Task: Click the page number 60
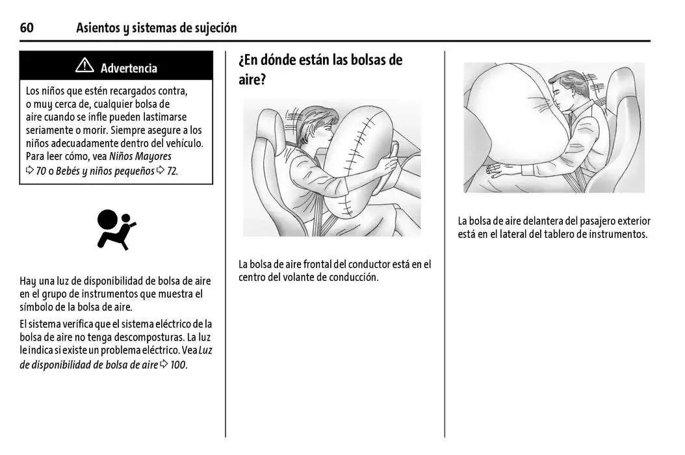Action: pyautogui.click(x=27, y=27)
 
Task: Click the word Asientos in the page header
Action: pyautogui.click(x=98, y=27)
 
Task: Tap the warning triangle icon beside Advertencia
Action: pyautogui.click(x=84, y=66)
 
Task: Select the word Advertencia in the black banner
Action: pyautogui.click(x=129, y=68)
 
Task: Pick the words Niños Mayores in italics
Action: pyautogui.click(x=140, y=156)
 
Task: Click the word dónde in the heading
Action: pyautogui.click(x=285, y=60)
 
